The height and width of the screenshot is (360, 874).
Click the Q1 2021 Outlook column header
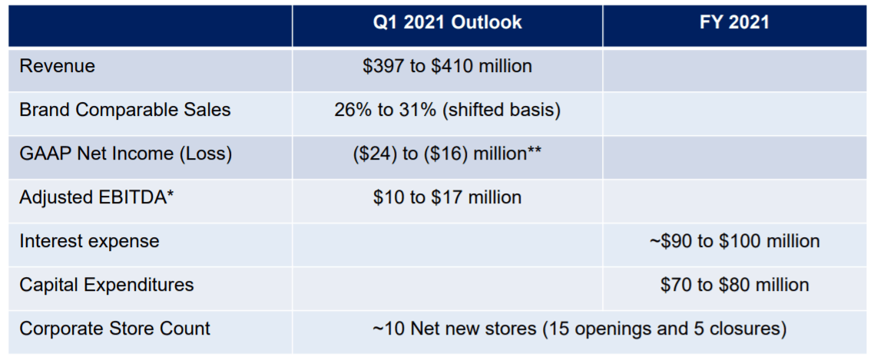447,22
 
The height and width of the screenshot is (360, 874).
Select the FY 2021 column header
734,22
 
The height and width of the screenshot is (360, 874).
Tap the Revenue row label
58,66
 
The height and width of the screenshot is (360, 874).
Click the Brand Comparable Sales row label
124,110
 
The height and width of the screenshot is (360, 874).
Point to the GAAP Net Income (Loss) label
125,154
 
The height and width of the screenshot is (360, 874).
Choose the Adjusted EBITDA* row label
97,197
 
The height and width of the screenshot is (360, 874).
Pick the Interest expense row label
89,241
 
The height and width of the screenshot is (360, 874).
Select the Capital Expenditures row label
107,285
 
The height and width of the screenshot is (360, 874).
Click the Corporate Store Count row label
114,329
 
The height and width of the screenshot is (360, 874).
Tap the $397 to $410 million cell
447,66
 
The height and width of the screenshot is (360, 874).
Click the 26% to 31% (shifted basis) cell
447,110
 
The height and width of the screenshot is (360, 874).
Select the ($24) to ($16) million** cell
447,154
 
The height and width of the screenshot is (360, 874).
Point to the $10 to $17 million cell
447,197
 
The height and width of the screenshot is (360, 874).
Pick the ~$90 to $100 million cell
734,241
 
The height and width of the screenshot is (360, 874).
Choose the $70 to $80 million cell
734,285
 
